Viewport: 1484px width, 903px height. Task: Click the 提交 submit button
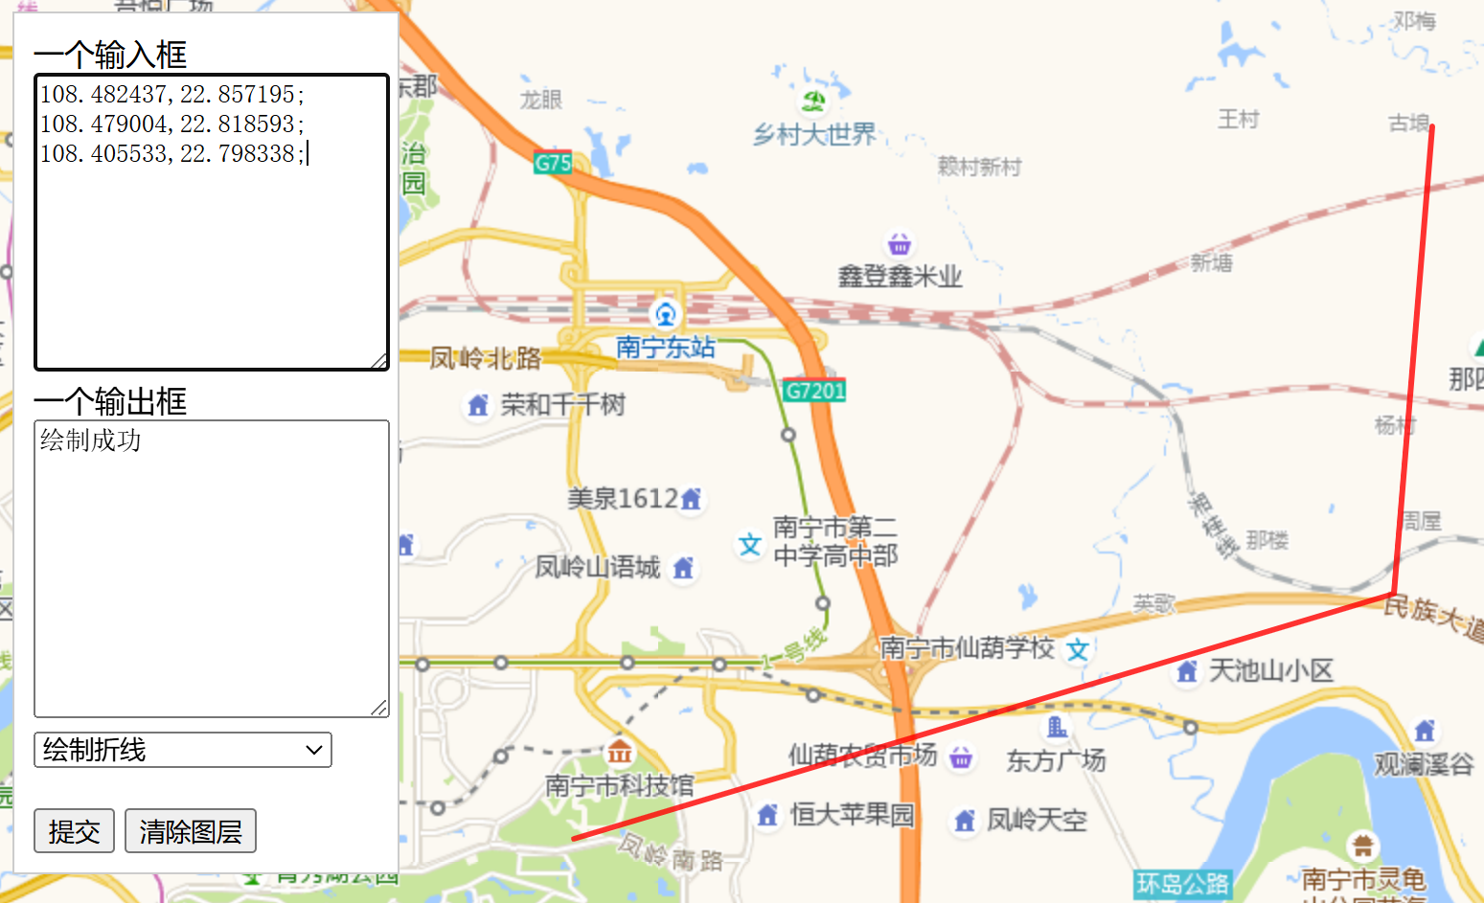click(74, 830)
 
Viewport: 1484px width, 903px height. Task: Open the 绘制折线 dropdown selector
click(183, 750)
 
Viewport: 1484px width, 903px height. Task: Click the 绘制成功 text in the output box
click(91, 440)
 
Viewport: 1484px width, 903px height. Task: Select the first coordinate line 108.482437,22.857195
click(171, 94)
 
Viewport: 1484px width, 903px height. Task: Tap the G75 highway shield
click(553, 163)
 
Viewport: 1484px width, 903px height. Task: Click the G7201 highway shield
click(814, 390)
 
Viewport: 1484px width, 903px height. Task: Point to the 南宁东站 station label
click(665, 347)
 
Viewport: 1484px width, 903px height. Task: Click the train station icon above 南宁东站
click(665, 313)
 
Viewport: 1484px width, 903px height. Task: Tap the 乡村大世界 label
click(814, 135)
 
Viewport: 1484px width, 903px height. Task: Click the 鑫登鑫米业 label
click(900, 277)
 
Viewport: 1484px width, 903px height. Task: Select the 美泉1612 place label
click(623, 499)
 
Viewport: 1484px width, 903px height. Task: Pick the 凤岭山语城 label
click(598, 568)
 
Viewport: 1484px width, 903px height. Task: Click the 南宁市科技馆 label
click(619, 786)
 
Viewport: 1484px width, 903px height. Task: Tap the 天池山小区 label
click(1270, 671)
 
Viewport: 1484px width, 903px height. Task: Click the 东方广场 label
click(1056, 761)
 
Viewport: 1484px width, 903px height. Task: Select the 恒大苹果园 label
click(852, 815)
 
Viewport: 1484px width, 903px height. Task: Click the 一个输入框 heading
click(110, 55)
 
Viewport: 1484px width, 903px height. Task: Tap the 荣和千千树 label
click(562, 405)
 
